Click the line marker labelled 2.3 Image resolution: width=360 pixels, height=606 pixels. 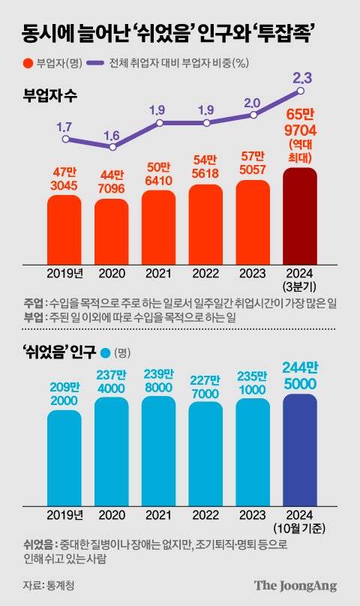click(300, 91)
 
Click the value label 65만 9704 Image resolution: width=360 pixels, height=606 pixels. click(300, 122)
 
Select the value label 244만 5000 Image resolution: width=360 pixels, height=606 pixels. click(300, 373)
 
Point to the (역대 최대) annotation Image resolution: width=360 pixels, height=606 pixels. click(300, 151)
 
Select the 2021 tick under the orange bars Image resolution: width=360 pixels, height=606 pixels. click(158, 273)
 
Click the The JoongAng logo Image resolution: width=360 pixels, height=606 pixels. click(295, 586)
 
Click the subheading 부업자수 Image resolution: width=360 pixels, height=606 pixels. click(51, 96)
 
